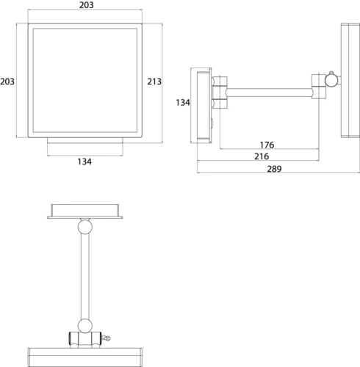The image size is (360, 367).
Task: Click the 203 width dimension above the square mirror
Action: click(x=86, y=5)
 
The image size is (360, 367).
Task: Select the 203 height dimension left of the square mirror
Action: click(x=7, y=81)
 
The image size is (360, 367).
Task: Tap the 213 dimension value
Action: click(x=154, y=81)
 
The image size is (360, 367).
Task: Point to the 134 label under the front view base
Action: click(x=84, y=161)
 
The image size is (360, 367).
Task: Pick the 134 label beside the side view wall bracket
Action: click(x=183, y=103)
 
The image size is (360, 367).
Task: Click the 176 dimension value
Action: click(x=267, y=145)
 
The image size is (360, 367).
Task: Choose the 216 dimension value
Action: click(x=262, y=156)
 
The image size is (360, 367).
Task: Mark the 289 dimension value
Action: click(x=274, y=169)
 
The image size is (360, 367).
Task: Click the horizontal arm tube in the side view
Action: click(x=270, y=92)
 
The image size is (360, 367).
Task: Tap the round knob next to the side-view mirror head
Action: click(x=331, y=80)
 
